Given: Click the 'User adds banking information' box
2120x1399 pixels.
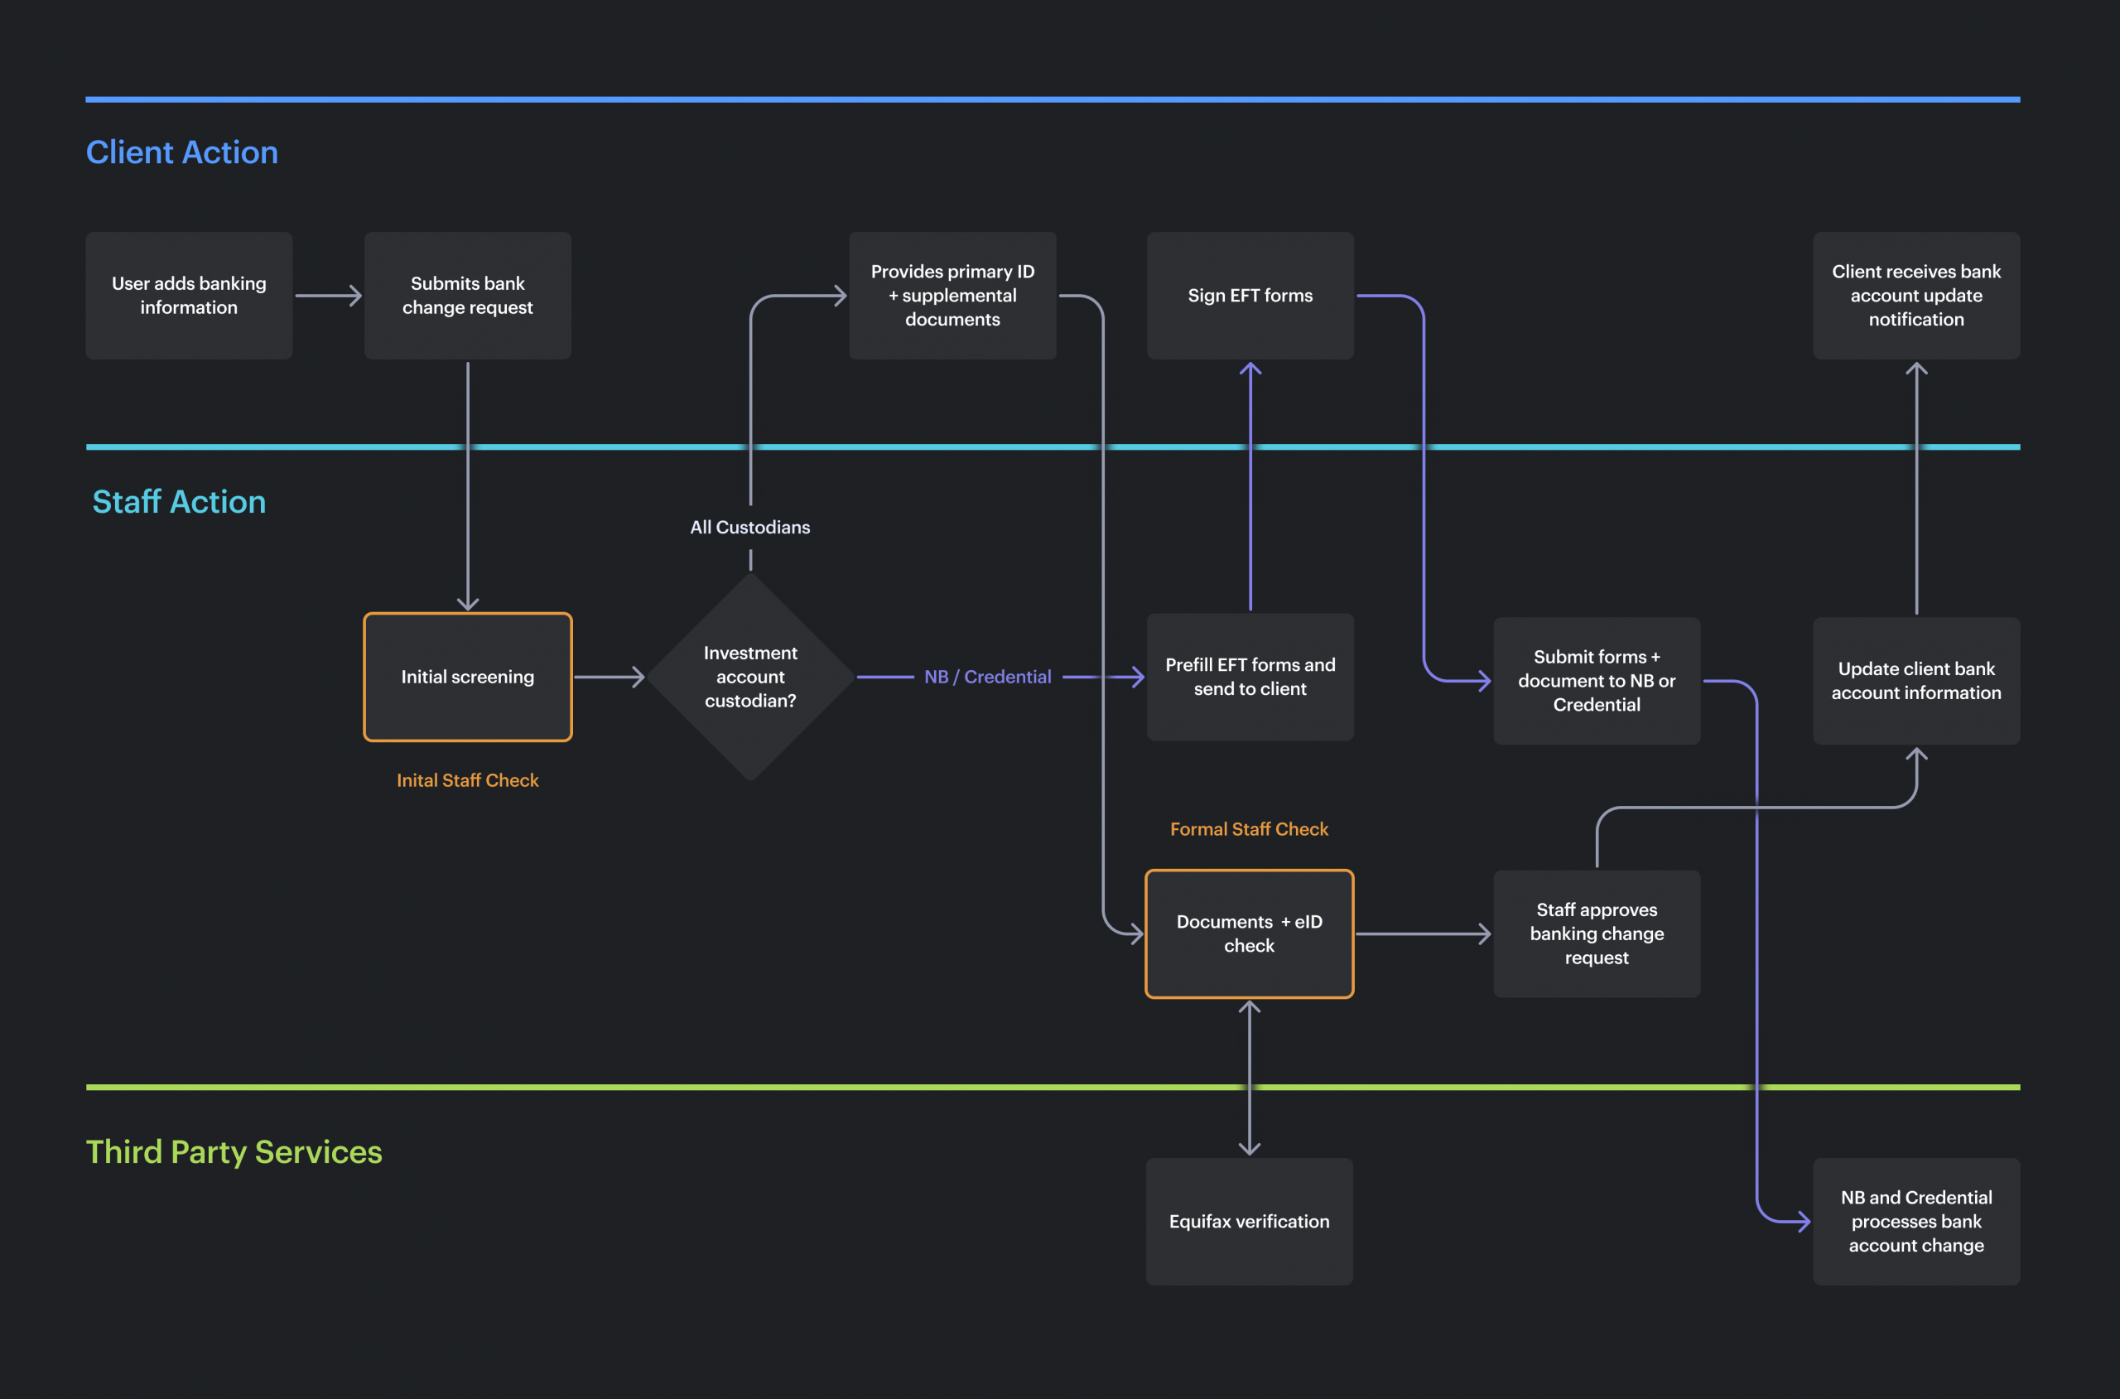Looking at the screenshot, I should point(188,296).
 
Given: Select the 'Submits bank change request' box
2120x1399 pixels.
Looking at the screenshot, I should point(467,296).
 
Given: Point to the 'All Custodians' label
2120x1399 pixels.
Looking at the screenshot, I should point(750,528).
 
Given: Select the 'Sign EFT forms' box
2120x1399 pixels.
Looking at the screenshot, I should point(1250,296).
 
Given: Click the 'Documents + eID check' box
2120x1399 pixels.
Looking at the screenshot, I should point(1249,933).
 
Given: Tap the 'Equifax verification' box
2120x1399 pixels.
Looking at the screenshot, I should point(1249,1221).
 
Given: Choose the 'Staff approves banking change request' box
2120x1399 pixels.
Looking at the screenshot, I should point(1597,933).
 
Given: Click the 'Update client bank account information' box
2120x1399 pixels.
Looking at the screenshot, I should point(1915,680).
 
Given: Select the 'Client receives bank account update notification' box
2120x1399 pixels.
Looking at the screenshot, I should point(1915,296).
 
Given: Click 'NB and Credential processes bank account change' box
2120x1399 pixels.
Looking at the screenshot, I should point(1915,1221).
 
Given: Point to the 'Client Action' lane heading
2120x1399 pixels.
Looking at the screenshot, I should point(182,152).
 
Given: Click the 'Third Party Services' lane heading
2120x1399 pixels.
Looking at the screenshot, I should point(234,1152).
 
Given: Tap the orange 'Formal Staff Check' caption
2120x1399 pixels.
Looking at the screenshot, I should point(1249,829).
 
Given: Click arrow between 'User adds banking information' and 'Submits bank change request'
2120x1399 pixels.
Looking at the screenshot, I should point(328,296).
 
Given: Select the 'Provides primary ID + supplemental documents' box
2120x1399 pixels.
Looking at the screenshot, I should point(952,296).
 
